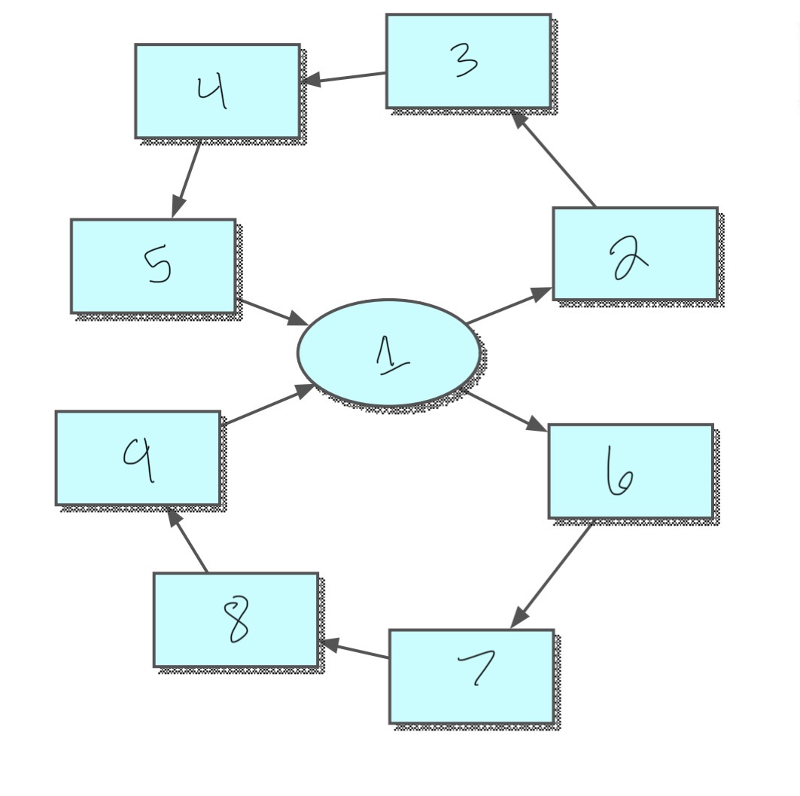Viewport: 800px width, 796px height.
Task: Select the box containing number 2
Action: click(635, 254)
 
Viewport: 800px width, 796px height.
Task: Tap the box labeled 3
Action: click(468, 61)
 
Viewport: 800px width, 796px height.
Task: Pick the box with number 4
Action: click(217, 91)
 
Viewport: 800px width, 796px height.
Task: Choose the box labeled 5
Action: click(154, 266)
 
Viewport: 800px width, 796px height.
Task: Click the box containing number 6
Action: click(631, 471)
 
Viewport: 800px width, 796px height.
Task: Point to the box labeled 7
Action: click(472, 676)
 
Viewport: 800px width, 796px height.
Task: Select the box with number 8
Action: click(236, 619)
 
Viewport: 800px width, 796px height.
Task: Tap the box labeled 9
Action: click(138, 458)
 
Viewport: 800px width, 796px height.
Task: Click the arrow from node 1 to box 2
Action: click(509, 307)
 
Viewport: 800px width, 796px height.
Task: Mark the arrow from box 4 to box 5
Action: click(187, 178)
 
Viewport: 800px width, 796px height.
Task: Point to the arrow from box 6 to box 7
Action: click(552, 573)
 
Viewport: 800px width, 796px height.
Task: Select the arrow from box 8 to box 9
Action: click(188, 541)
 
